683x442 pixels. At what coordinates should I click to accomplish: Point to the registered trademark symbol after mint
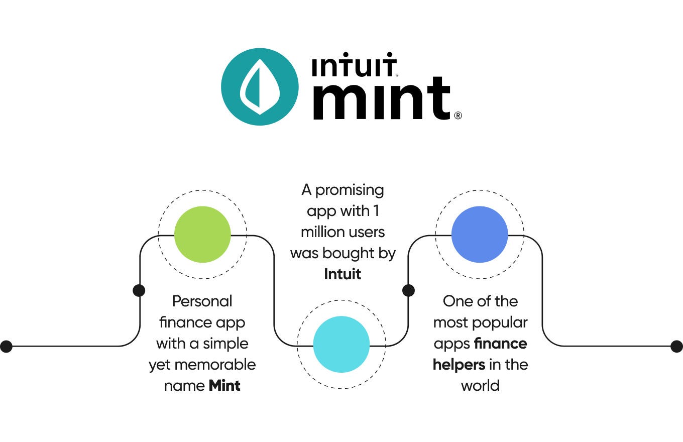(458, 116)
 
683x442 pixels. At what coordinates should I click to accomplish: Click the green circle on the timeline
(202, 235)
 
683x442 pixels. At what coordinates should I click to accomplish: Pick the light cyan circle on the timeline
(341, 344)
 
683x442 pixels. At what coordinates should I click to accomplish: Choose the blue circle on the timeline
(480, 235)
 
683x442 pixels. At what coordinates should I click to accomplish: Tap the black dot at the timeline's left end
(7, 346)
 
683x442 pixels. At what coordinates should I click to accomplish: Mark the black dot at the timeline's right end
(676, 346)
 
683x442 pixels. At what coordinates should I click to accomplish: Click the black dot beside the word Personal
(139, 290)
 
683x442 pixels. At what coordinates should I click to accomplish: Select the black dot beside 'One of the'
(409, 290)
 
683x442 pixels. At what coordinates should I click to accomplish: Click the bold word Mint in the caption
(224, 386)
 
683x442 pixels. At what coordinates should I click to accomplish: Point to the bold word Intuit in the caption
(343, 274)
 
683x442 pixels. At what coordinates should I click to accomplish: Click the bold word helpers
(459, 365)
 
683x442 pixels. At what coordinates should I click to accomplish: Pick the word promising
(350, 190)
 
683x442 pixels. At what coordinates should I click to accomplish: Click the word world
(480, 386)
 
